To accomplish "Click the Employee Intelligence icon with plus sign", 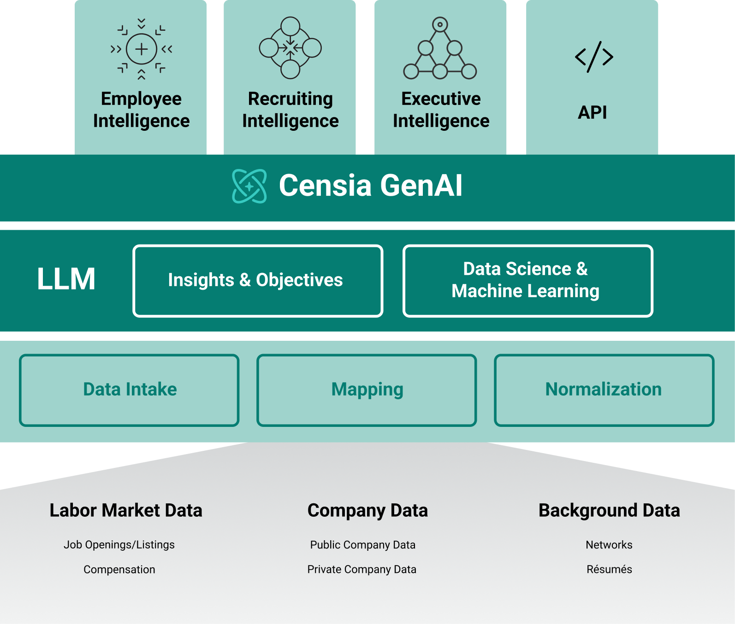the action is coord(141,49).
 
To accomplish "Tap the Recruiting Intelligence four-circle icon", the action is coord(290,48).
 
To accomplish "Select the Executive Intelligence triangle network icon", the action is coord(440,48).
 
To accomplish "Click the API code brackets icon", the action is coord(594,57).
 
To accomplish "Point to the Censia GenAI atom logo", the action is coord(249,186).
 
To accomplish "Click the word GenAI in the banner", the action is coord(421,186).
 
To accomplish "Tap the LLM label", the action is coord(66,279).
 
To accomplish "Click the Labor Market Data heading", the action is coord(126,510).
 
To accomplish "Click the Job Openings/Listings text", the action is coord(119,545).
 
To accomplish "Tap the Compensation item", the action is coord(119,570).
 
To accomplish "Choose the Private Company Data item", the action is coord(362,570).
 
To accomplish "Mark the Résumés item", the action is coord(609,569).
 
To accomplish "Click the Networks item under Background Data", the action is coord(609,545).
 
